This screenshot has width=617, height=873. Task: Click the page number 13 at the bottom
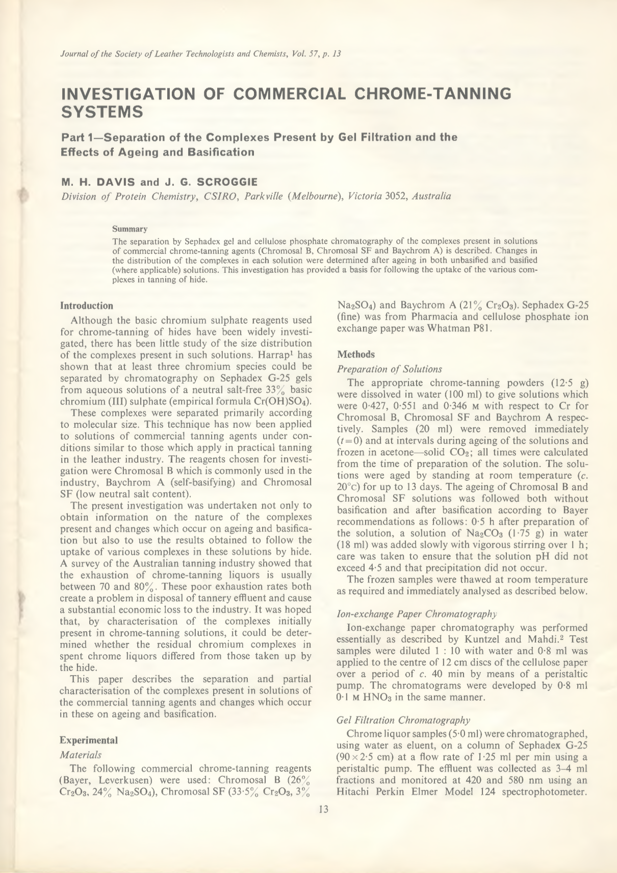pos(323,809)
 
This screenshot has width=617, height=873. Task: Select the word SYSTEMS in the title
pos(102,112)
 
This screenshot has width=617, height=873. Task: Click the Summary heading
pos(130,229)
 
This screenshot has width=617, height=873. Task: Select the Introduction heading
pos(87,306)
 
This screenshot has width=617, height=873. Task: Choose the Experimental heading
pos(89,740)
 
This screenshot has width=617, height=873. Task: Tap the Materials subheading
pos(81,754)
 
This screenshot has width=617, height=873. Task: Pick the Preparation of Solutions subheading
pos(390,369)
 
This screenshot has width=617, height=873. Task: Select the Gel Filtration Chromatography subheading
pos(403,720)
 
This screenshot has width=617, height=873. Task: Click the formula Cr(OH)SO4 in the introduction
pos(284,401)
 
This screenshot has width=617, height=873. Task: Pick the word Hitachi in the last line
pos(355,792)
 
